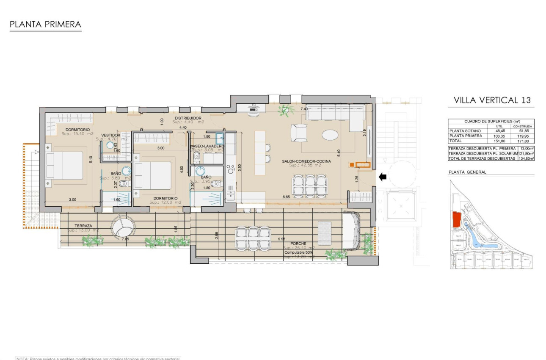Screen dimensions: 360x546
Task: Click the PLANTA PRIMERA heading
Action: coord(45,25)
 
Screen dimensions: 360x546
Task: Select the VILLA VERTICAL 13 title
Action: coord(492,100)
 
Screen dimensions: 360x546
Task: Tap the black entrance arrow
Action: coord(382,177)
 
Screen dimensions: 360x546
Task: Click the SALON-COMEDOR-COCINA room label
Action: coord(306,161)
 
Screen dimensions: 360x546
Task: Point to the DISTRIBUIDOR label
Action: coord(188,118)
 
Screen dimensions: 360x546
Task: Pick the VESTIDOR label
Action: coord(110,135)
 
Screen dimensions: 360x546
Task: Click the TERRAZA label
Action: coord(83,226)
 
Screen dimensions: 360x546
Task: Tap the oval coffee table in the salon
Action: coord(330,135)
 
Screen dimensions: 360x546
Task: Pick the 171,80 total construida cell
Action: coord(523,141)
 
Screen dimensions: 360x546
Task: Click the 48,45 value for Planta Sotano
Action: coord(500,131)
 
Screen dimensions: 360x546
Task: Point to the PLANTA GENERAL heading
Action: coord(467,172)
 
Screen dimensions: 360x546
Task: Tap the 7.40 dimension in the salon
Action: coord(304,109)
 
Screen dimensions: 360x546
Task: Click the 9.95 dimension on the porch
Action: coord(281,239)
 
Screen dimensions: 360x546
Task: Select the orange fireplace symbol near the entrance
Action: coord(362,165)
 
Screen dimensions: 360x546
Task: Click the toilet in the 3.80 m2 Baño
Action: coord(123,184)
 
